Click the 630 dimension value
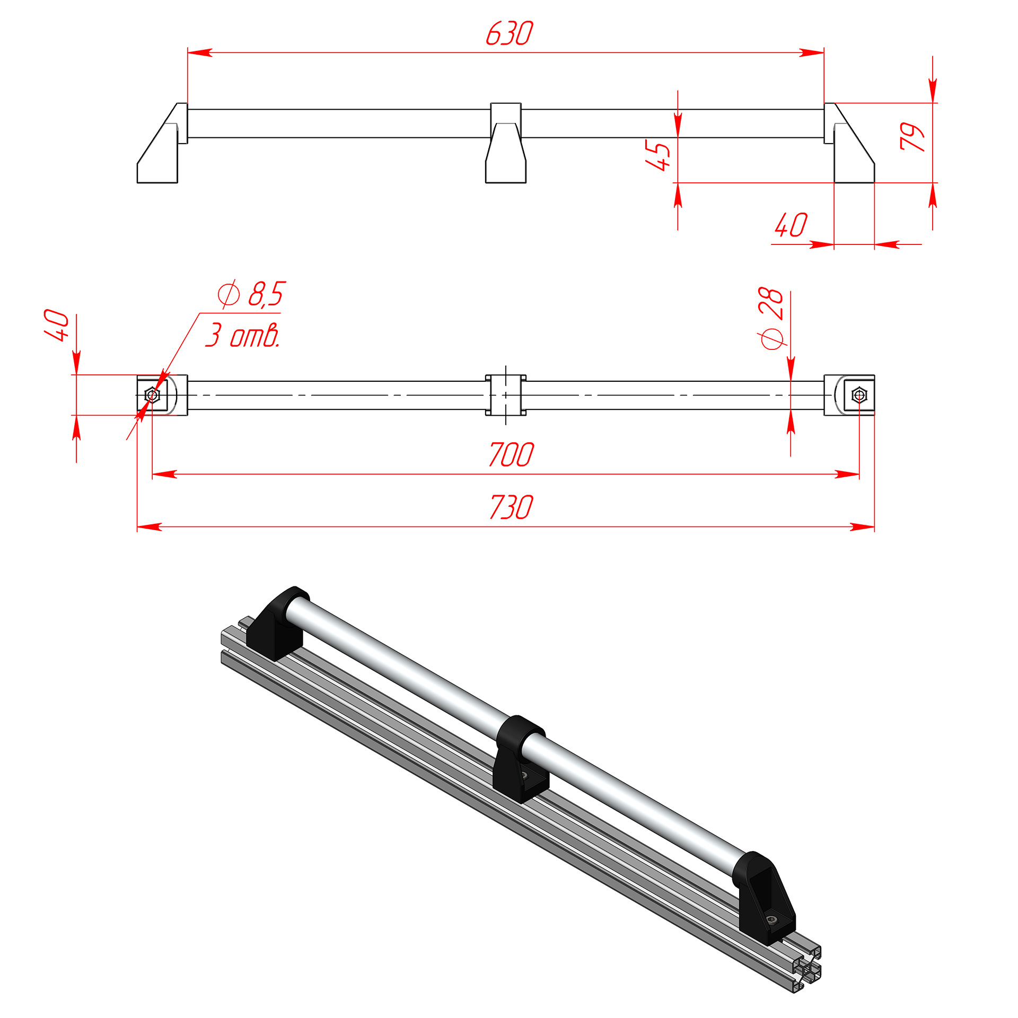point(509,33)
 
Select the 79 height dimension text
point(912,137)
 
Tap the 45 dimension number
point(657,155)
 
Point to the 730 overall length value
point(511,507)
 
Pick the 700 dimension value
point(511,455)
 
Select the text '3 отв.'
point(243,335)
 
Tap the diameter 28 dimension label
point(771,318)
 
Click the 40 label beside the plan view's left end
point(56,325)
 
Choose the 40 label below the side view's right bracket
point(791,225)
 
